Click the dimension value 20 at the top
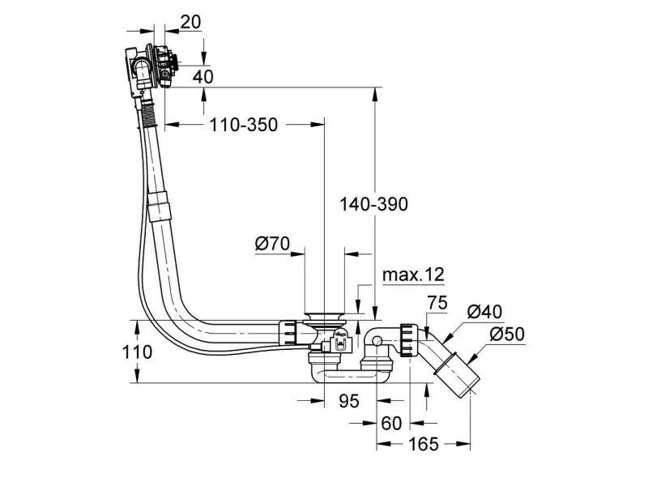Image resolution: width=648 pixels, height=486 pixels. click(190, 23)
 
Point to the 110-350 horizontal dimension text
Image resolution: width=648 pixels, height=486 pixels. click(243, 125)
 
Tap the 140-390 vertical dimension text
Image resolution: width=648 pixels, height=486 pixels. click(373, 205)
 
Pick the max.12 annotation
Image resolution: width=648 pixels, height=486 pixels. click(413, 275)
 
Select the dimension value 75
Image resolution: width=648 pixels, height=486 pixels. click(437, 304)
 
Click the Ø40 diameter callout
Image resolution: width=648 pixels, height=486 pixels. click(485, 311)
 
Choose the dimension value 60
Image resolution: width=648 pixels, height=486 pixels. click(392, 423)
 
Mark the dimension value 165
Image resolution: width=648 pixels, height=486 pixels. click(423, 444)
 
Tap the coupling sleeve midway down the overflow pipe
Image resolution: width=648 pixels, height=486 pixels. click(160, 206)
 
